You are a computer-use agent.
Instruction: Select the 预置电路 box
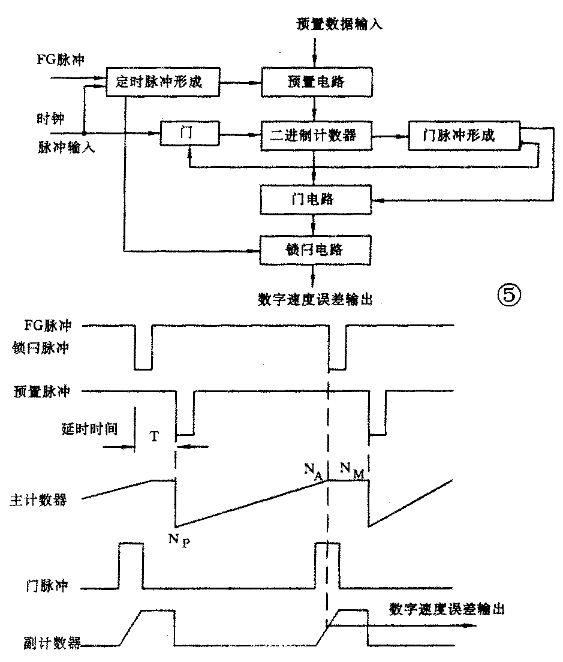coord(317,82)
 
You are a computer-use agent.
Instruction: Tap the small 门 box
coord(189,134)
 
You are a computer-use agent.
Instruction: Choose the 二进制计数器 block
coord(316,135)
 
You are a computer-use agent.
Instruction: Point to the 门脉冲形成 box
coord(463,135)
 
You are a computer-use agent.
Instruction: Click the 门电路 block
coord(316,200)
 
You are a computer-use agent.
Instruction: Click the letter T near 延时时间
coord(155,437)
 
